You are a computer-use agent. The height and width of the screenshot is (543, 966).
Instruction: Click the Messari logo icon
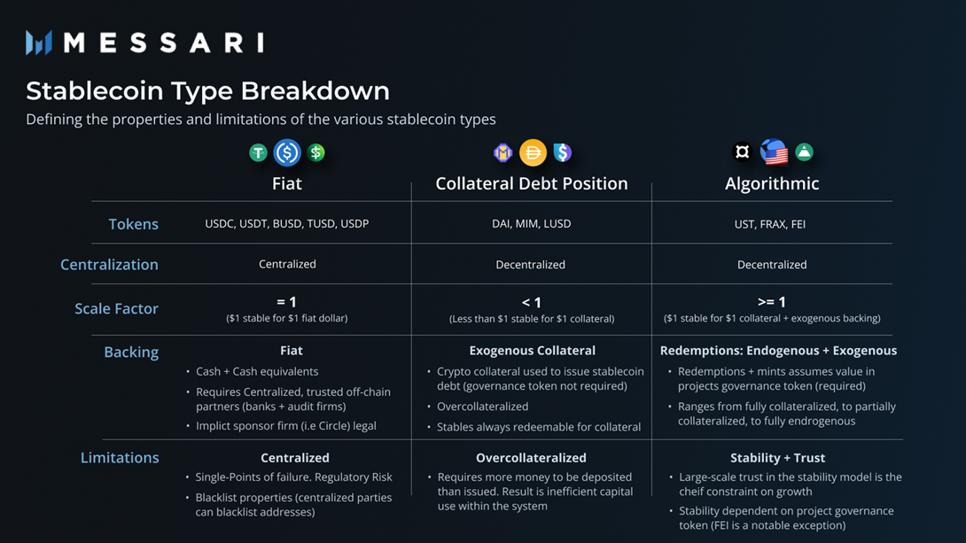39,43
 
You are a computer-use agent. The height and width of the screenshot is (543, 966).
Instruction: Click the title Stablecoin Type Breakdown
207,91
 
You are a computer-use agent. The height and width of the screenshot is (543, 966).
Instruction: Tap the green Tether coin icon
258,152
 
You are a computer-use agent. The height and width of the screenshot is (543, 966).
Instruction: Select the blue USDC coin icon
287,152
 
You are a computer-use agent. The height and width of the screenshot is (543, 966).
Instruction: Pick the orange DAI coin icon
533,152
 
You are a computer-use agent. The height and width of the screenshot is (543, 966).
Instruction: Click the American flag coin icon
774,152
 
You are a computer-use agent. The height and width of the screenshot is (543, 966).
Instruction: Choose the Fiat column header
287,183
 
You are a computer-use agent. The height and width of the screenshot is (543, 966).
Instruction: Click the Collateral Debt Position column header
532,183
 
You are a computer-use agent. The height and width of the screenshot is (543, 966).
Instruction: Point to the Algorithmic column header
772,183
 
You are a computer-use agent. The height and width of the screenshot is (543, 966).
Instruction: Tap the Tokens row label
134,224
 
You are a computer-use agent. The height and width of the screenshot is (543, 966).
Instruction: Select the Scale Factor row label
116,308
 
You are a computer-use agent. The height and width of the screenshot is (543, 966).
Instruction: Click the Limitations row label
120,457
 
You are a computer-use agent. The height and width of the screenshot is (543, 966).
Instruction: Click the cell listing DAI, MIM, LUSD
531,223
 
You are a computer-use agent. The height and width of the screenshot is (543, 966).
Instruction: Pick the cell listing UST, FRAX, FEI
770,224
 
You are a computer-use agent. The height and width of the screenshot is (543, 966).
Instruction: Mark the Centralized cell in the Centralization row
287,264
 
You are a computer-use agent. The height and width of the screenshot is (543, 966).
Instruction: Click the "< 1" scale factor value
531,302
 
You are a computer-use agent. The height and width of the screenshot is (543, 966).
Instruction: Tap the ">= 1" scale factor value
771,302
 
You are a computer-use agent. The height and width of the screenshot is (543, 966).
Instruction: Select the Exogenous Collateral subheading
533,350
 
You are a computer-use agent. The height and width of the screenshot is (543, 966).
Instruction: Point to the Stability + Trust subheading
777,457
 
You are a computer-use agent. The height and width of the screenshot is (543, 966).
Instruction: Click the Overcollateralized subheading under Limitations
531,457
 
